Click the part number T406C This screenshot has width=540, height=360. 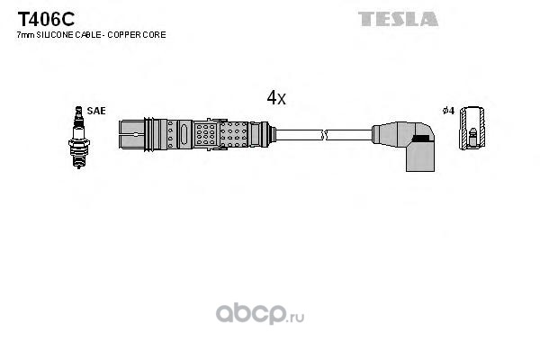46,19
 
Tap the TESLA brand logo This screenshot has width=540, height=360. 398,19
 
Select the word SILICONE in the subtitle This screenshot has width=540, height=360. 55,35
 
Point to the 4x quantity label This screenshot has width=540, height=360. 276,98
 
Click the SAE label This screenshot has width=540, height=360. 96,111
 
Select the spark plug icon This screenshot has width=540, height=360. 79,137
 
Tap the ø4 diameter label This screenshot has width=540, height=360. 448,111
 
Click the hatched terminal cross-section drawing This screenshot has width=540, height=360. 472,128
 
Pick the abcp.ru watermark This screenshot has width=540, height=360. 260,314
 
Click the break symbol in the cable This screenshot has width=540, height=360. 324,135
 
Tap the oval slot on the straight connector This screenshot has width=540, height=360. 184,134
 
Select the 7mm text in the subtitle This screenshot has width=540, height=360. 26,35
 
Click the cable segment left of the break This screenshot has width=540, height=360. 298,135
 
